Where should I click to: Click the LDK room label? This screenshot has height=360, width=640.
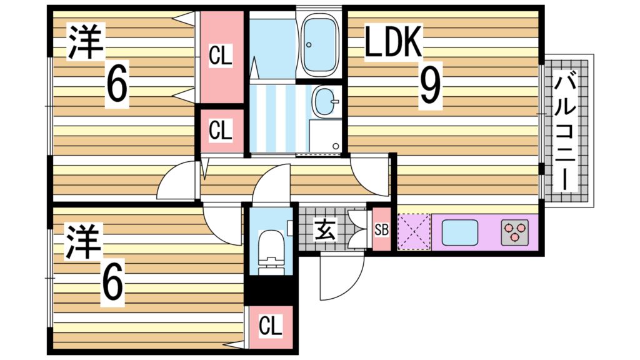[392, 41]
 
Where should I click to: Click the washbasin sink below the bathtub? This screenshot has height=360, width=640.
[326, 102]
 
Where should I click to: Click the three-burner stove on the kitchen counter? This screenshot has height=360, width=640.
[515, 232]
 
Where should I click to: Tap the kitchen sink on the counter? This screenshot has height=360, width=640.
[459, 232]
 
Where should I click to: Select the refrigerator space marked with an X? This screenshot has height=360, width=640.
[414, 232]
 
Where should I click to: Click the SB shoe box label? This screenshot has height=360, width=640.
[382, 230]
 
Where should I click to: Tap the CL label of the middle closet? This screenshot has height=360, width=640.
[221, 131]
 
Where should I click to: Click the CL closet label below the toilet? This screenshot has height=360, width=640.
[270, 326]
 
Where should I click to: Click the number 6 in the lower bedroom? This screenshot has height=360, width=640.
[112, 285]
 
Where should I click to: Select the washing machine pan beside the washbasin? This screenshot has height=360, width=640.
[325, 136]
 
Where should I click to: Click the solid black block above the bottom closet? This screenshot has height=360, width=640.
[271, 291]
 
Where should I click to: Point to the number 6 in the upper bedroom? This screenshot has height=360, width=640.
[117, 85]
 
